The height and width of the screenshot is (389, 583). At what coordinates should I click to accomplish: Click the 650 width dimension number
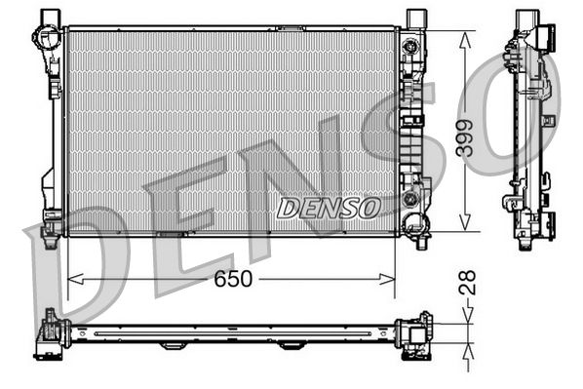[x=234, y=279]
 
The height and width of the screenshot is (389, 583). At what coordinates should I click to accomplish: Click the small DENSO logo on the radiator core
[x=328, y=207]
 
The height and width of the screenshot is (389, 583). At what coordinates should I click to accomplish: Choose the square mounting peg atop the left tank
[x=49, y=17]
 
